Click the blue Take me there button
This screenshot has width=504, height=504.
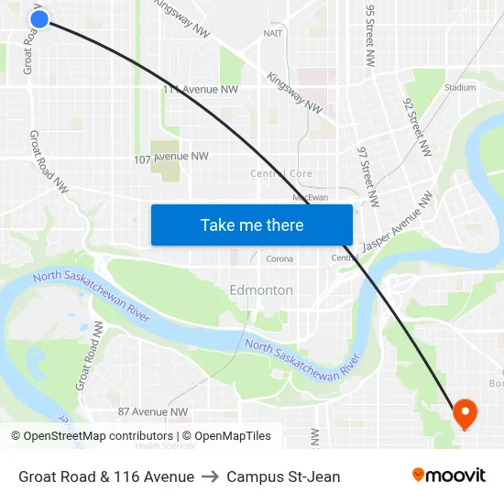252,225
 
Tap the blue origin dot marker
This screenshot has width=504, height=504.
38,18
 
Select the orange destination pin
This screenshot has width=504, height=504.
465,413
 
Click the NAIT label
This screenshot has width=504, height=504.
273,33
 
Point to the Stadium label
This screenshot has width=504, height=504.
459,88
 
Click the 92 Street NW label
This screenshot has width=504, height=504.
416,125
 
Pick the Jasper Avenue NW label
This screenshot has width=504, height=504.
397,222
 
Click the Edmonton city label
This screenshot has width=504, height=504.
261,290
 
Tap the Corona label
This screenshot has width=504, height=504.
279,259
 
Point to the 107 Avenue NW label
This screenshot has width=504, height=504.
171,157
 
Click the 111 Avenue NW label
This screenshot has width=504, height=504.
200,90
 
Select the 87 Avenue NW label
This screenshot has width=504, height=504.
152,412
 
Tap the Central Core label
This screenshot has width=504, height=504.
281,173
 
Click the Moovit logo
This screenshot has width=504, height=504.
449,476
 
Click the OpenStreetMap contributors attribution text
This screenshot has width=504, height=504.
92,436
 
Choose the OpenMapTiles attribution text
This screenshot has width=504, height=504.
226,436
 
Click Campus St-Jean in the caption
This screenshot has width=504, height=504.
283,477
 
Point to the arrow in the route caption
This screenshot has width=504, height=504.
210,477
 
